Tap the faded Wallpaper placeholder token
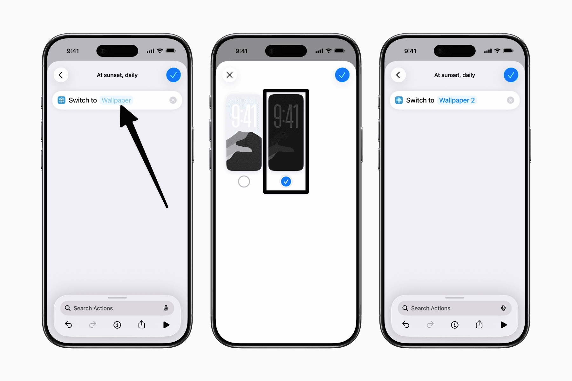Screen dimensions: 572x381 coord(116,100)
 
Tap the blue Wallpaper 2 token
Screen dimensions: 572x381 coord(457,100)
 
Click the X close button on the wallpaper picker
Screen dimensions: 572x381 coord(229,75)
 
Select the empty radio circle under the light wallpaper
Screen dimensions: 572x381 coord(244,182)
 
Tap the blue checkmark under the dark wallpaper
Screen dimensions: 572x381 coord(286,182)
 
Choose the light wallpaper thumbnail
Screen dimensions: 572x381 coord(244,133)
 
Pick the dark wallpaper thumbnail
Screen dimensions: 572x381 coord(286,133)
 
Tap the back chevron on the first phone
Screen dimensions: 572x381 coord(61,75)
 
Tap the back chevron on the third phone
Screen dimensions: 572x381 coord(398,75)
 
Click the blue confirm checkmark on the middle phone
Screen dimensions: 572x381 coord(342,75)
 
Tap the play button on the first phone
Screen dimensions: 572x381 coord(166,325)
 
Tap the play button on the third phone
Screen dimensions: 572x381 coord(504,325)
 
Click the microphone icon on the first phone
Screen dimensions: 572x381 coord(166,308)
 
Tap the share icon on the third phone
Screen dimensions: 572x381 coord(479,324)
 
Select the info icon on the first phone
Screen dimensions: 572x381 coord(117,325)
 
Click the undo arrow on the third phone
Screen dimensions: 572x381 coord(406,324)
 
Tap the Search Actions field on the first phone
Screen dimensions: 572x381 coord(117,308)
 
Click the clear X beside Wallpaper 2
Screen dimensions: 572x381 coord(510,100)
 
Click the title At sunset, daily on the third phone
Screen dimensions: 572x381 coord(455,75)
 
